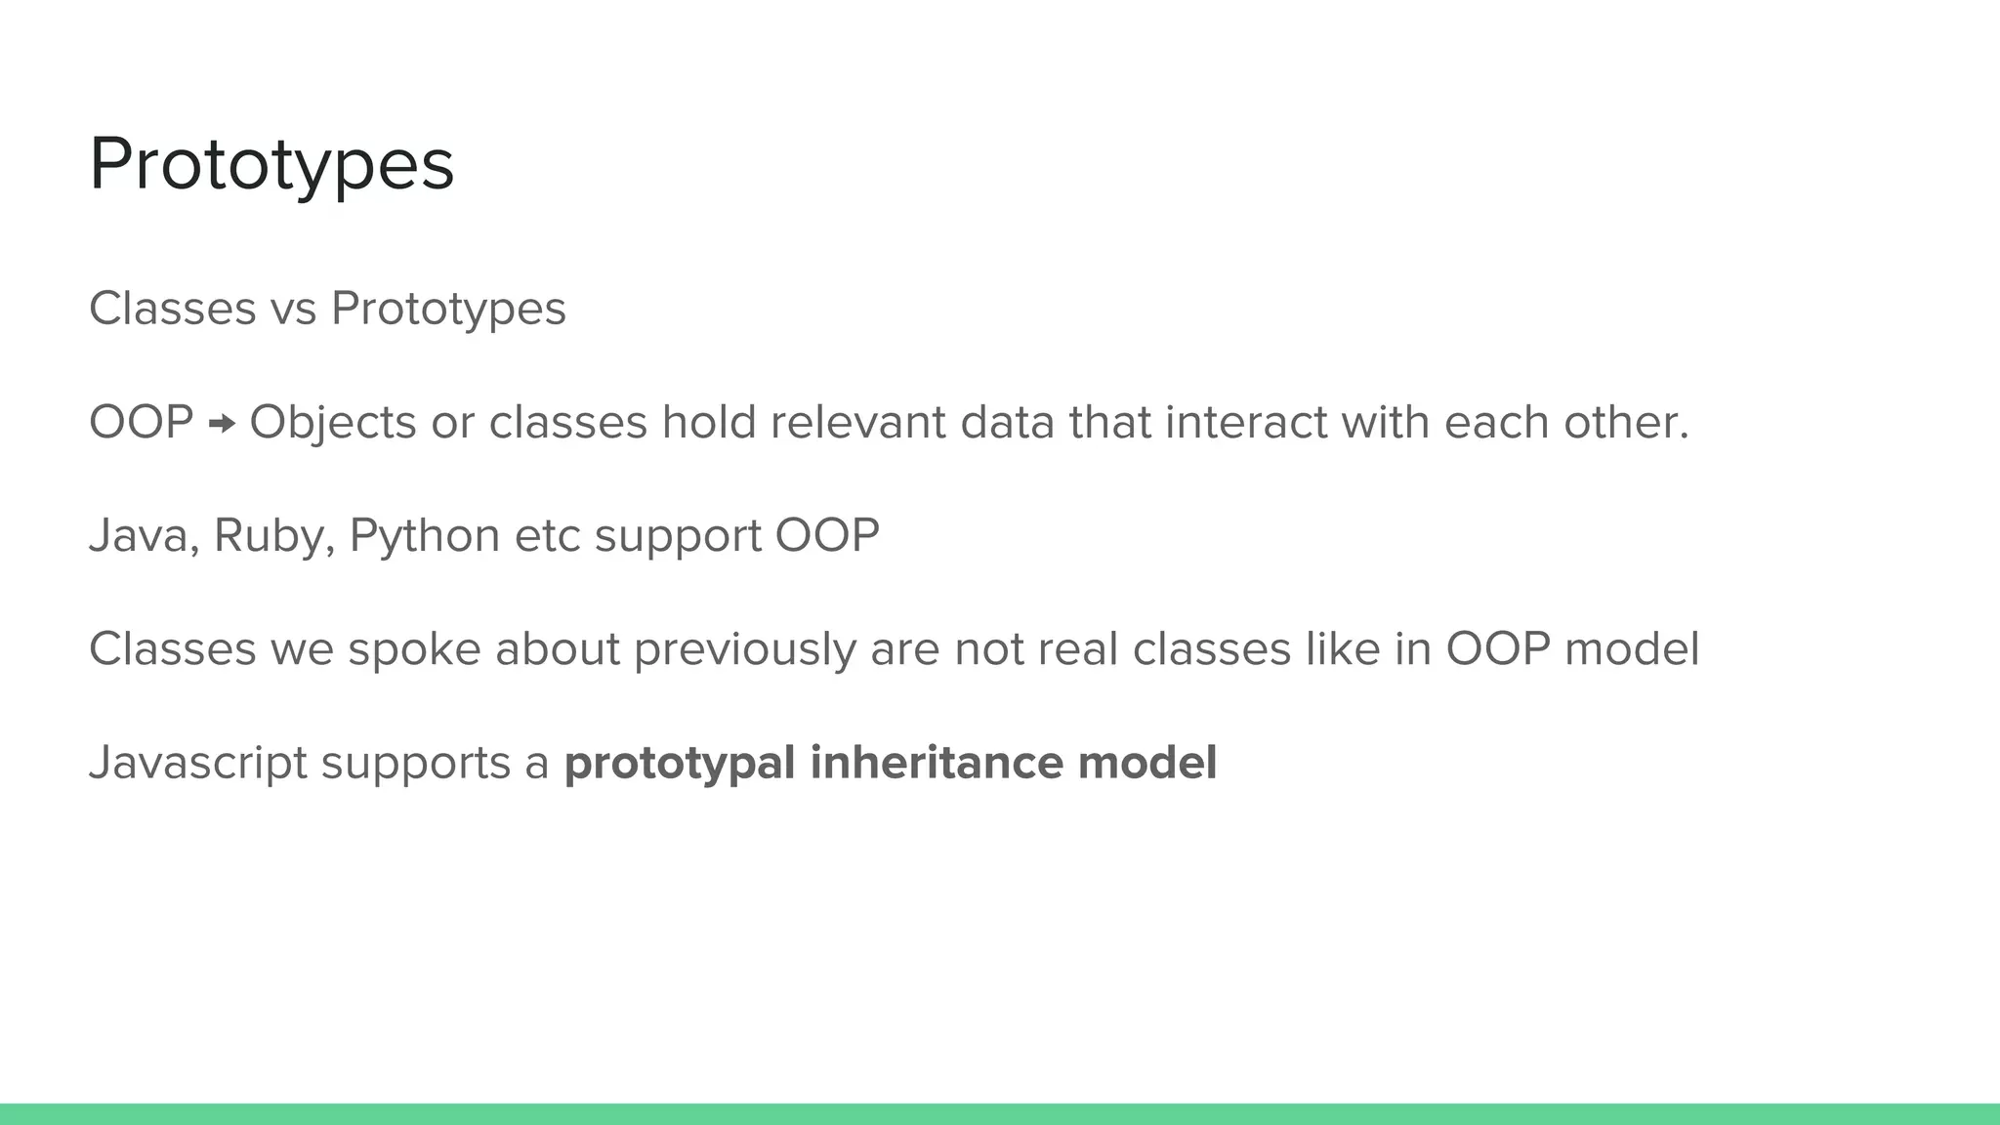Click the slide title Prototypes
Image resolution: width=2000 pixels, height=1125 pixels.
tap(271, 165)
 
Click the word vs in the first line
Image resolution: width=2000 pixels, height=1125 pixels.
tap(293, 309)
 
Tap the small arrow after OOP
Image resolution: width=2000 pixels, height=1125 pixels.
tap(223, 423)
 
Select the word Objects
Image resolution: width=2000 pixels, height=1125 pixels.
tap(333, 423)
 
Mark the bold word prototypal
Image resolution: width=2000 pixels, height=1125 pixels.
tap(680, 763)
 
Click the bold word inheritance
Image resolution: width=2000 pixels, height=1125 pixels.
tap(936, 763)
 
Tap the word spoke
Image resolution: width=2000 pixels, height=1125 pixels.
tap(414, 649)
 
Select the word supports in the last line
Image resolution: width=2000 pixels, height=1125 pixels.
tap(415, 763)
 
